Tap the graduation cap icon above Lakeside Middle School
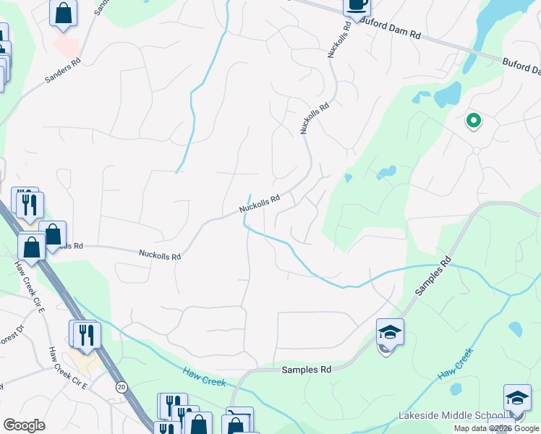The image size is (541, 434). (x=517, y=398)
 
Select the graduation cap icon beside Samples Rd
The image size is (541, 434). (x=390, y=332)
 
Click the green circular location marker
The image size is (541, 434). (x=474, y=121)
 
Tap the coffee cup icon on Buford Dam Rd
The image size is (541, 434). (x=356, y=4)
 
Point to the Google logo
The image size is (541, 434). (x=24, y=425)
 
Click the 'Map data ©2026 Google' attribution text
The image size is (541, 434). (x=497, y=428)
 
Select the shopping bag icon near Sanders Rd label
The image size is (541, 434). (x=63, y=12)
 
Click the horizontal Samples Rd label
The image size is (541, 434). (x=306, y=370)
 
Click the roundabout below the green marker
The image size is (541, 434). (x=475, y=150)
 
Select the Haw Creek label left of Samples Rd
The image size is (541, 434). (x=204, y=378)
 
